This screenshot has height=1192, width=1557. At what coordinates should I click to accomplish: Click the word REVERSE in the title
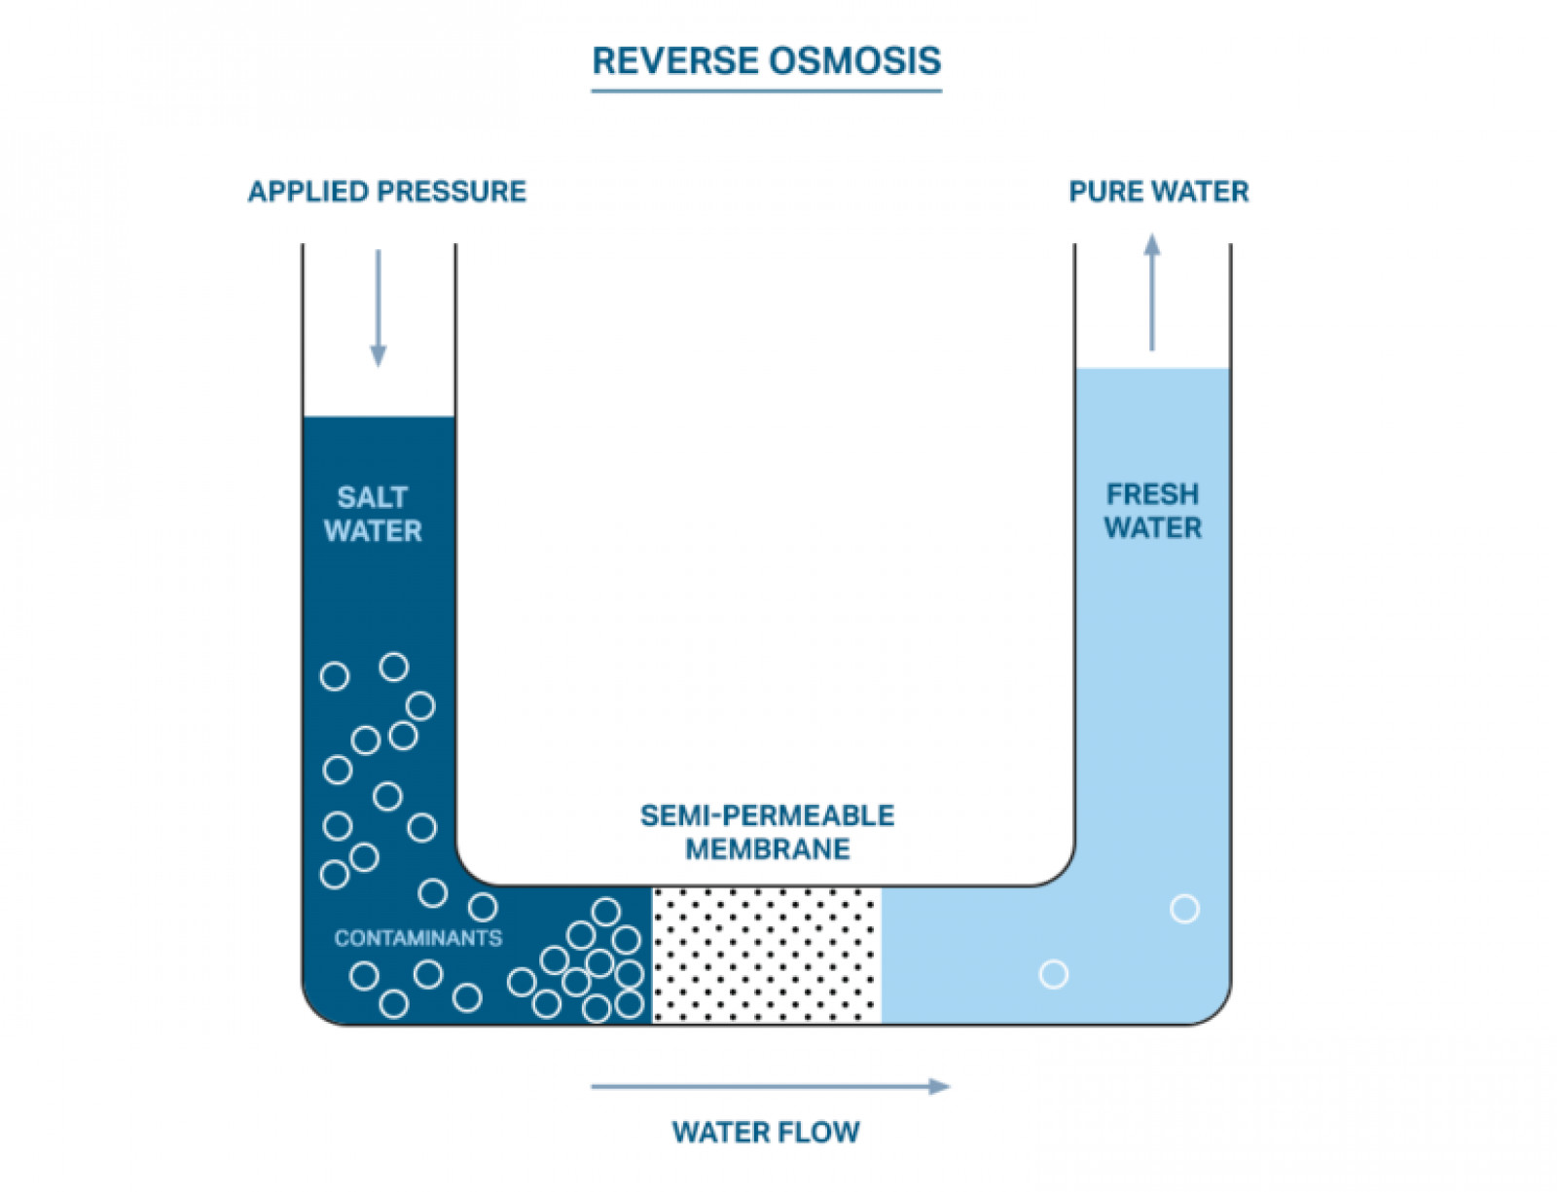tap(676, 60)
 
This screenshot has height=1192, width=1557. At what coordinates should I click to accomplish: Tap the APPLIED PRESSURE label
tap(386, 192)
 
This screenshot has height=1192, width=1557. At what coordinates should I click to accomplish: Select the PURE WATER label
tap(1158, 192)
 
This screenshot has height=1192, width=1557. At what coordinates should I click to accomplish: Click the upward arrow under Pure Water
tap(1152, 293)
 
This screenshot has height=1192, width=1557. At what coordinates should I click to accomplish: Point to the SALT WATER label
tap(373, 514)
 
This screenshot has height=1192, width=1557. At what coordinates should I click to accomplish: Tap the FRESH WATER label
tap(1152, 511)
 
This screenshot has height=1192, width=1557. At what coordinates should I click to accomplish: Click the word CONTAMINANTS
tap(418, 938)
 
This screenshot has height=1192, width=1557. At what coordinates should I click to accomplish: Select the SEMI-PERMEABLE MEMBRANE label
tap(767, 832)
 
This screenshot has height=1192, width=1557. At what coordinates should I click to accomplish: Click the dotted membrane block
tap(766, 955)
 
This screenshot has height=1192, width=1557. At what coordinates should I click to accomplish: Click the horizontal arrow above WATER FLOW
tap(769, 1086)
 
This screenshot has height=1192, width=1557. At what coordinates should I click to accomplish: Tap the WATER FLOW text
tap(766, 1133)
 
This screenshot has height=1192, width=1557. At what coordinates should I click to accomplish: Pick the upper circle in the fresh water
tap(1184, 909)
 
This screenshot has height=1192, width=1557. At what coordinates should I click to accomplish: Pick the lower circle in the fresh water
tap(1054, 974)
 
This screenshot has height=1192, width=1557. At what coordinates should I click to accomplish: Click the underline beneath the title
tap(767, 91)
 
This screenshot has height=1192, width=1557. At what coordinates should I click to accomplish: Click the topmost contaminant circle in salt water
tap(394, 667)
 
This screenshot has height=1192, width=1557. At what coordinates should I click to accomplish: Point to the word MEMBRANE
tap(767, 849)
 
